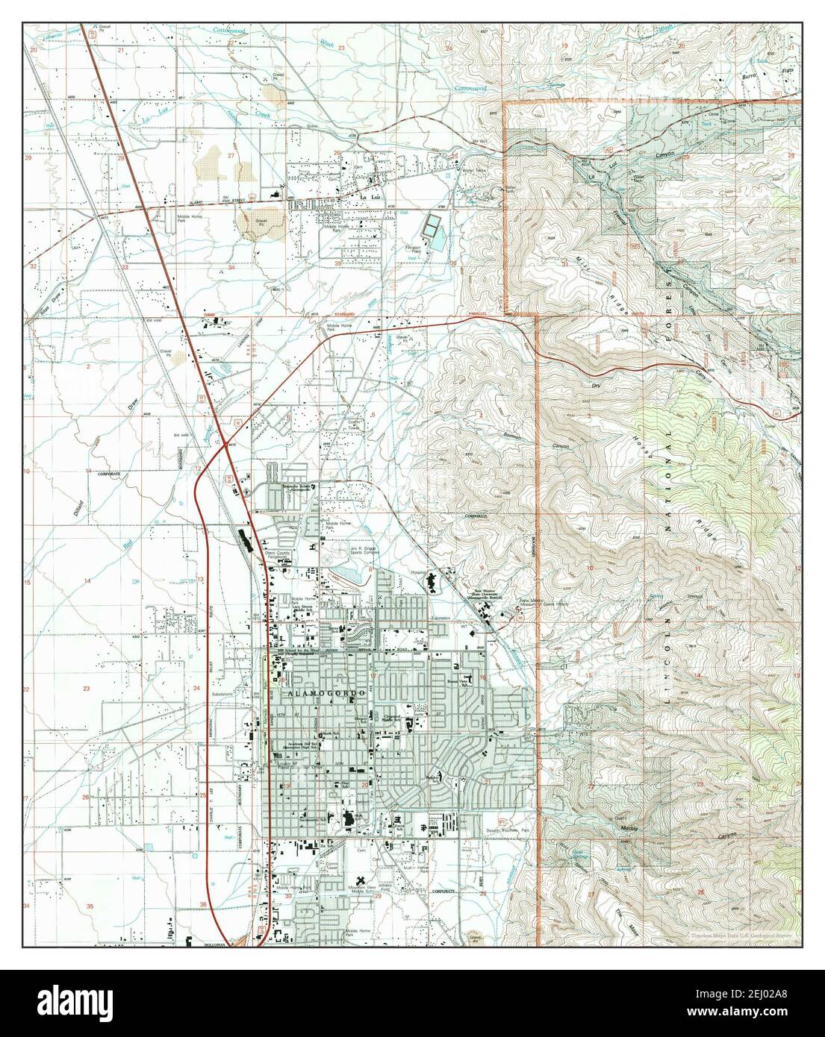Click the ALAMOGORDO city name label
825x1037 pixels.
click(324, 693)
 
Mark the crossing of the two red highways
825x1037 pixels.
click(225, 446)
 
